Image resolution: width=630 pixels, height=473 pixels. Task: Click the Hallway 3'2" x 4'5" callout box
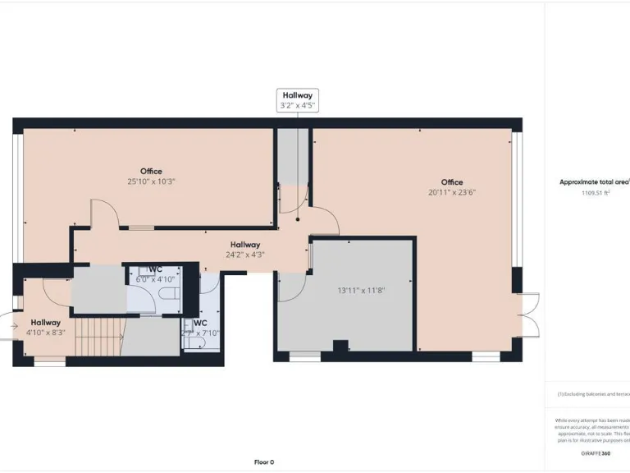click(297, 101)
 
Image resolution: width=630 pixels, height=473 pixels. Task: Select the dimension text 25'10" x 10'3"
click(151, 181)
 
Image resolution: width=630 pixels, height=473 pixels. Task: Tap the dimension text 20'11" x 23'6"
click(451, 193)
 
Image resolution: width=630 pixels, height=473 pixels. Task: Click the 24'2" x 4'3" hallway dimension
click(244, 255)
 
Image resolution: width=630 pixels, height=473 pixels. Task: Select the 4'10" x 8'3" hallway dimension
click(46, 333)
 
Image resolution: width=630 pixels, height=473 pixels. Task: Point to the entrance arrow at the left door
click(11, 327)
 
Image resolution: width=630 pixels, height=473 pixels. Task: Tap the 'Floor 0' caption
click(264, 462)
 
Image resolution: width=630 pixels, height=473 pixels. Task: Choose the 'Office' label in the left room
click(151, 171)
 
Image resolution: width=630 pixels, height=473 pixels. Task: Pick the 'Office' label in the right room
click(451, 182)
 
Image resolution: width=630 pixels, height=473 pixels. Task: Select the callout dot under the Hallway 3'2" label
click(298, 219)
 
